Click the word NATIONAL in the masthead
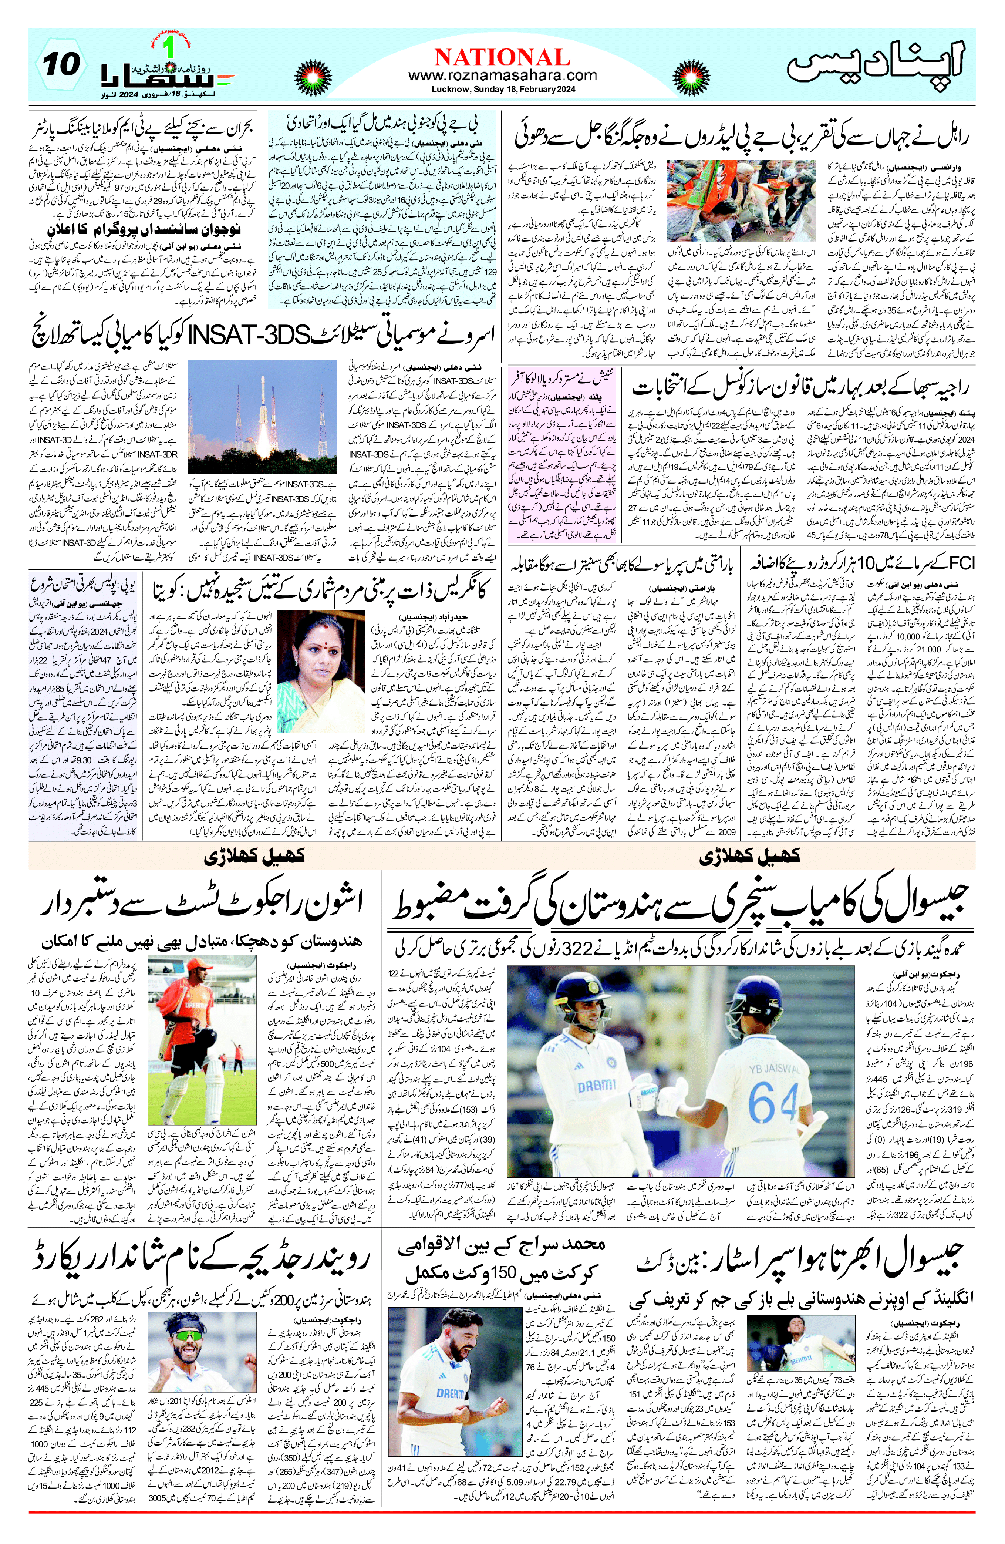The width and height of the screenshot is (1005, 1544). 502,57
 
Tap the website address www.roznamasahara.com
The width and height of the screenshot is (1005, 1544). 502,76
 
